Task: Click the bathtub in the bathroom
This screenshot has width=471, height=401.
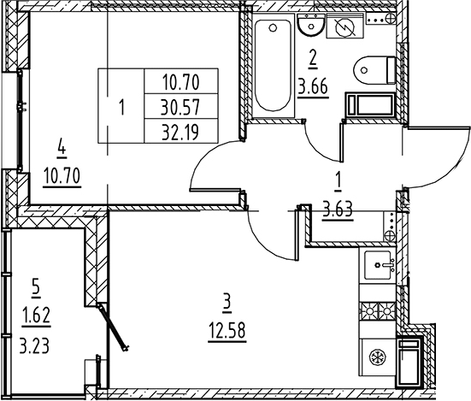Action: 274,66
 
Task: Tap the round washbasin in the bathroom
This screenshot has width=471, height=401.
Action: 311,25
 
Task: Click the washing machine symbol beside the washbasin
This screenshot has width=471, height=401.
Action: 345,27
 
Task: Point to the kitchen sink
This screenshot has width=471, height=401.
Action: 378,265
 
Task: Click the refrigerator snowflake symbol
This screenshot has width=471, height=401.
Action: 375,357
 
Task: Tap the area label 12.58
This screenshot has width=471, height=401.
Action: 227,331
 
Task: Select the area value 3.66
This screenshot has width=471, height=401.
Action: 313,87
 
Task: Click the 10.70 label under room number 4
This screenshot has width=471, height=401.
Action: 62,176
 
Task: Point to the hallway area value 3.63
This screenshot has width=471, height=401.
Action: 338,209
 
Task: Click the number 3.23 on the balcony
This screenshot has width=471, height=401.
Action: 34,345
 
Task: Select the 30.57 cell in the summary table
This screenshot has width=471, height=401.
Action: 180,107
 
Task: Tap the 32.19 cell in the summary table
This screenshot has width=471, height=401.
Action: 180,133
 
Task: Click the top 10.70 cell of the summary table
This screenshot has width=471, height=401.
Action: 181,82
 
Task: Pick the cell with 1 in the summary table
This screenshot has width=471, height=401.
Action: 121,107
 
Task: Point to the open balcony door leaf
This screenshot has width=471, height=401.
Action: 113,327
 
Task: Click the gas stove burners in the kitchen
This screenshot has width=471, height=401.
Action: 378,311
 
